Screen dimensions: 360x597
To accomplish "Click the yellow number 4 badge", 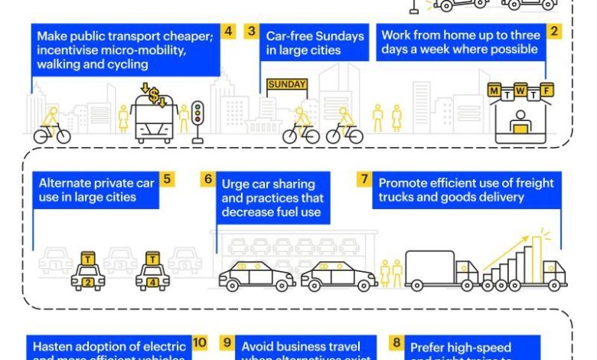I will tap(228, 31).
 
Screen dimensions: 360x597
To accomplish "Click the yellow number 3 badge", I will tap(251, 31).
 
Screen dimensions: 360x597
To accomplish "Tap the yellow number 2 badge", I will tap(555, 31).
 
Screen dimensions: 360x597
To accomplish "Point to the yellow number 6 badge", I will tap(207, 179).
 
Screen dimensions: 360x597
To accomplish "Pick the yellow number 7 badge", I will tap(366, 179).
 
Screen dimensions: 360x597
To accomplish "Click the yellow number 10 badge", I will tap(200, 342).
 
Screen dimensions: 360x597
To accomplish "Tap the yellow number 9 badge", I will tap(227, 342).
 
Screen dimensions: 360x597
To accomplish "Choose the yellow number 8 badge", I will tap(396, 342).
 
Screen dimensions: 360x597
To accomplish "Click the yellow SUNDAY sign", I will tap(286, 84).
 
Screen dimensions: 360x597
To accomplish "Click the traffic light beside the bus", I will tap(197, 119).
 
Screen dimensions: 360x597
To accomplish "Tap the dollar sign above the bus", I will tap(153, 96).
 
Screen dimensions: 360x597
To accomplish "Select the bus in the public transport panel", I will tap(155, 123).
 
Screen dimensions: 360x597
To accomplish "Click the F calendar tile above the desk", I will tap(546, 92).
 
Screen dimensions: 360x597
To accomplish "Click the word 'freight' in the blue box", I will tap(540, 183).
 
